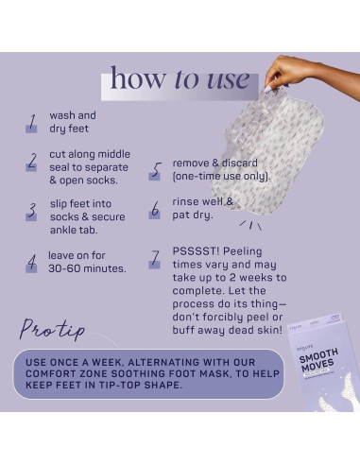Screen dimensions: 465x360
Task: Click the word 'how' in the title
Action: click(136, 78)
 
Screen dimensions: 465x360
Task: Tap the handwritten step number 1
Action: click(31, 122)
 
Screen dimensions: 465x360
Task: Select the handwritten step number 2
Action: click(31, 161)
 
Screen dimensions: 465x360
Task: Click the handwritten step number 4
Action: click(31, 261)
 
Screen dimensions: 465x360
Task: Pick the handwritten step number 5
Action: click(156, 170)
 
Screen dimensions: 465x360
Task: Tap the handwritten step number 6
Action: click(156, 209)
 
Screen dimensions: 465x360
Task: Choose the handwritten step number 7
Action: click(156, 258)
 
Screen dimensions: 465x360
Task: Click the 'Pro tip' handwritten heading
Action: click(53, 330)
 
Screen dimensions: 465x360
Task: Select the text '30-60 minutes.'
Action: click(87, 268)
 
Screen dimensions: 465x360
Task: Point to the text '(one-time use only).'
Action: click(221, 177)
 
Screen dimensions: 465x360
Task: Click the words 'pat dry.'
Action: click(195, 215)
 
